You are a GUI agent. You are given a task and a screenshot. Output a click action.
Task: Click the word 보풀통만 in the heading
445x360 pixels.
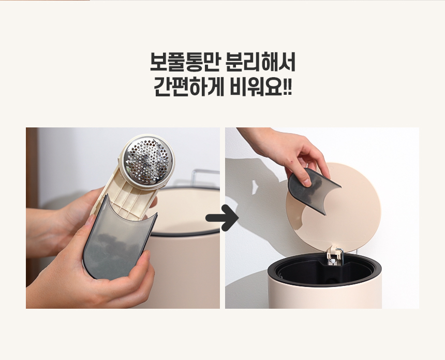(x=184, y=62)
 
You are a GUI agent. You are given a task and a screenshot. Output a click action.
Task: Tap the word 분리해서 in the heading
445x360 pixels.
(x=260, y=62)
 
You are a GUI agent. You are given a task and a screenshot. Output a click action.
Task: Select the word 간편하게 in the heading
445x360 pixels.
(x=188, y=87)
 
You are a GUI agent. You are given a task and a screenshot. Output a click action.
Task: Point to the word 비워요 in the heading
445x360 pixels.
(x=256, y=87)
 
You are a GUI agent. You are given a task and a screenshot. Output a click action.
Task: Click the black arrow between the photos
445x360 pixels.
(x=222, y=218)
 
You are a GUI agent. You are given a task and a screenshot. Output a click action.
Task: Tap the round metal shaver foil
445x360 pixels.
(x=147, y=161)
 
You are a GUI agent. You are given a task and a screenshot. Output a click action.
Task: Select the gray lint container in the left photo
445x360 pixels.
(x=118, y=238)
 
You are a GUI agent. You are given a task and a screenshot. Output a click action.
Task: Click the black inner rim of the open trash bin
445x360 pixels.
(x=324, y=270)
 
